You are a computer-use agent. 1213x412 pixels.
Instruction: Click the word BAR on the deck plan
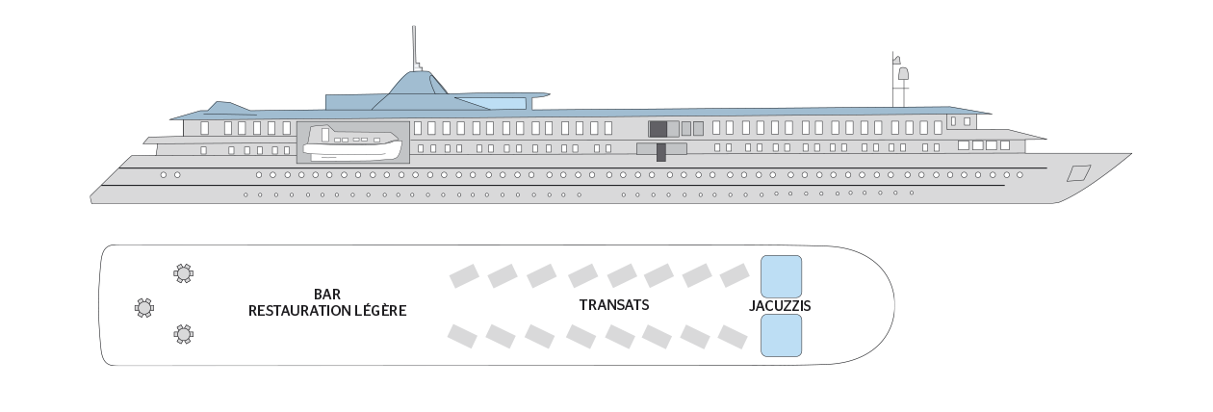tap(327, 294)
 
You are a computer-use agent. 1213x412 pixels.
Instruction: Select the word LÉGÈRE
tap(380, 310)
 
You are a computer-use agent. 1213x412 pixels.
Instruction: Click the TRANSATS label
tap(614, 305)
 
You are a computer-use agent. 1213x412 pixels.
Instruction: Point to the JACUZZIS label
tap(780, 306)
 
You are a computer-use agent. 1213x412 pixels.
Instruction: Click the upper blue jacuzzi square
tap(781, 276)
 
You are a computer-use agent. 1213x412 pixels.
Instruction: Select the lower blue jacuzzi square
tap(781, 336)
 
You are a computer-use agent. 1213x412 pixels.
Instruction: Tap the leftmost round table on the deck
tap(144, 308)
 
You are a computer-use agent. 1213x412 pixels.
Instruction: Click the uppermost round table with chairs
tap(184, 273)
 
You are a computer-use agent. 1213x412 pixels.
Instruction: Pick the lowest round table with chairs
tap(184, 334)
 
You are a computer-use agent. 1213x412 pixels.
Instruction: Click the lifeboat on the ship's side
tap(352, 142)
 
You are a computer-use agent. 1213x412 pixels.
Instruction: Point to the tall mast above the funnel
tap(414, 49)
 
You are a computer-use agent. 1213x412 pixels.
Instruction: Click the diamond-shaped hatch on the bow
tap(1078, 173)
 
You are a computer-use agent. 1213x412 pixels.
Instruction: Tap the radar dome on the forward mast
tap(903, 73)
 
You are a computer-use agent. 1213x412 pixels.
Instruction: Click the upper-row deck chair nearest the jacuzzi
tap(735, 275)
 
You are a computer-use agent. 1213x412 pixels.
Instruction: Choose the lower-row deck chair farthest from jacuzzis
tap(462, 336)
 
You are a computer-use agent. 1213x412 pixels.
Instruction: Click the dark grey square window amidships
tap(658, 129)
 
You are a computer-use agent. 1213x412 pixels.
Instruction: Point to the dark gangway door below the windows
tap(661, 152)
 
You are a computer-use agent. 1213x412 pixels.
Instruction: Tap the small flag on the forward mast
tap(897, 60)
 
